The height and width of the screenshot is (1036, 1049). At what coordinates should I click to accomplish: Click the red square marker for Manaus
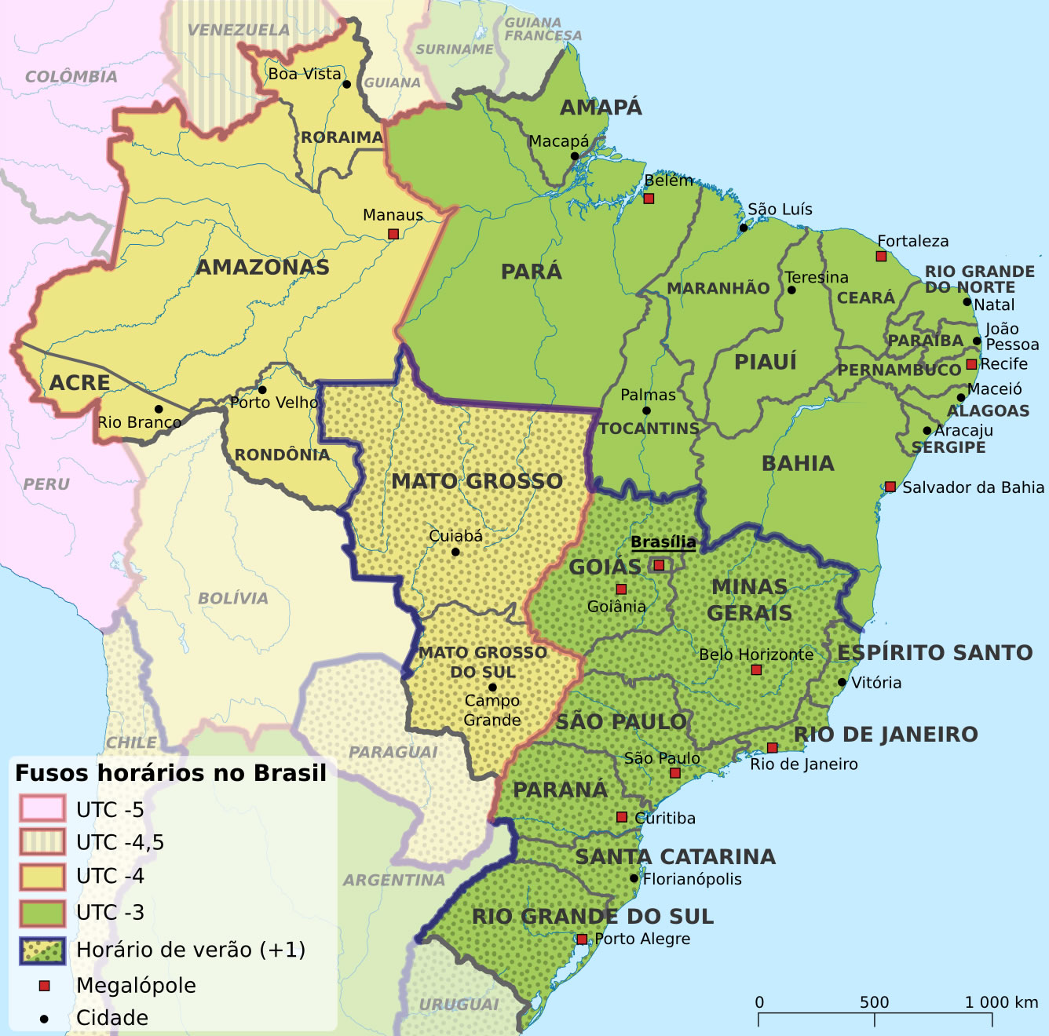[393, 234]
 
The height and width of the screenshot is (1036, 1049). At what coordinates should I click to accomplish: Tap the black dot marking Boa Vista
[346, 84]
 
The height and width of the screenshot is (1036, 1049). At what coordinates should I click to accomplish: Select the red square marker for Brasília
[659, 565]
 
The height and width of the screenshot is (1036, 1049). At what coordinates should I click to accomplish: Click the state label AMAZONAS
[262, 268]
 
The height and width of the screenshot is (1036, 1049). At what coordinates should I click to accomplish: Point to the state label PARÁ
[532, 272]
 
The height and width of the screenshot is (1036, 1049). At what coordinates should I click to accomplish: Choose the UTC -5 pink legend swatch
[42, 809]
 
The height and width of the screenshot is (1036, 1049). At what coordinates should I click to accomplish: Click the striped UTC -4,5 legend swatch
[42, 842]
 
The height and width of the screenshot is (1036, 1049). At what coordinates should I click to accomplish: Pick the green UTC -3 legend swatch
[42, 913]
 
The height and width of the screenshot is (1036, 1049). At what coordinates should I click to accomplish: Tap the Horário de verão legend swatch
[42, 950]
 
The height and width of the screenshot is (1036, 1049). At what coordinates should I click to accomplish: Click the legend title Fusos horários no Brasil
[170, 773]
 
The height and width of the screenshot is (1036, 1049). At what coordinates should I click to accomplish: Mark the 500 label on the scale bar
[874, 1002]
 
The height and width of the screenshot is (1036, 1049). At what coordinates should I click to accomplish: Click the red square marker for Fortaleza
[881, 257]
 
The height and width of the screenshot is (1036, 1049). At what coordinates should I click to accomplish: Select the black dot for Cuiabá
[455, 552]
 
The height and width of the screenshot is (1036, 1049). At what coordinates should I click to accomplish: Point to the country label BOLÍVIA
[233, 598]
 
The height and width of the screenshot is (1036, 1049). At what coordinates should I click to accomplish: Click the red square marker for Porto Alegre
[582, 939]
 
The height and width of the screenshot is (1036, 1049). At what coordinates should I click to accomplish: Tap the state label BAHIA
[798, 463]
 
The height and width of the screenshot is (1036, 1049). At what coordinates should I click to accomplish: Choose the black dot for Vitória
[842, 682]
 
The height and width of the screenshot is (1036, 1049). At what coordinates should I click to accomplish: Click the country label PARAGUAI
[393, 752]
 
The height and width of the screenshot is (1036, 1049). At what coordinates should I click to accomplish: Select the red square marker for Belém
[649, 199]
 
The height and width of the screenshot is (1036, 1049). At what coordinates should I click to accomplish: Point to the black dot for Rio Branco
[159, 409]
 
